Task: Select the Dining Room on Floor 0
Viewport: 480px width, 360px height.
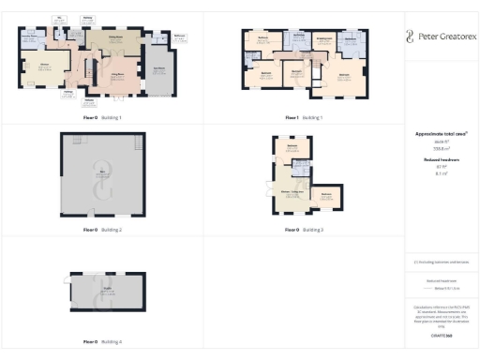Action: point(118,38)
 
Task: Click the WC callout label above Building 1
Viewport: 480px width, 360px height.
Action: point(60,18)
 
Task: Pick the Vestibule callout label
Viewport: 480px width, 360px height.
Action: point(90,100)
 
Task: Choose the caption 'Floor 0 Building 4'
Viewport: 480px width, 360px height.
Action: point(103,341)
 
